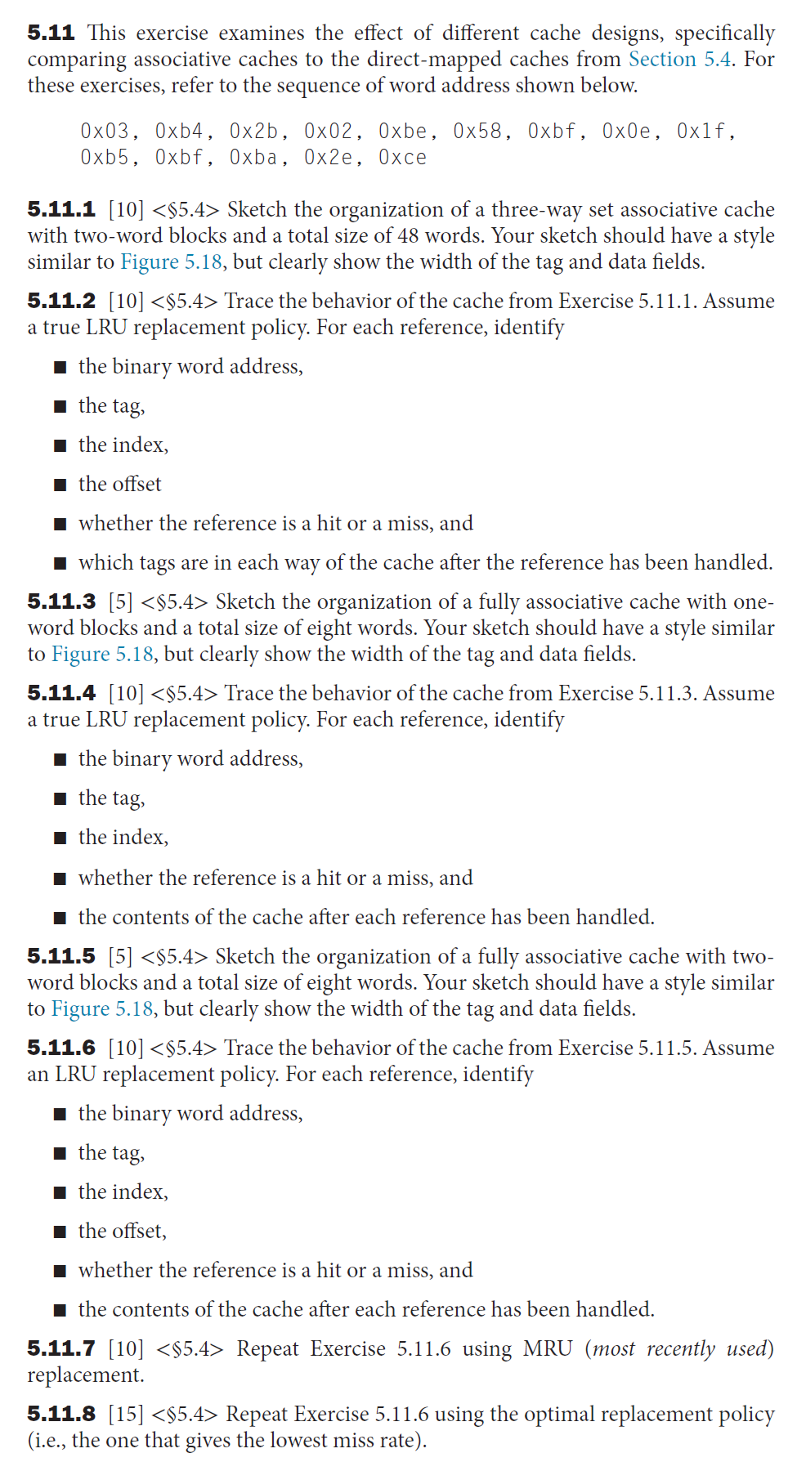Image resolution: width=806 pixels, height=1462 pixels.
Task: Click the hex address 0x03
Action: [x=105, y=132]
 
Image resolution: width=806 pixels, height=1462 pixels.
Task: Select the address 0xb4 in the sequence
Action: [x=179, y=132]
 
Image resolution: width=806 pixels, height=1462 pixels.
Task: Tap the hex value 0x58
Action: [x=477, y=132]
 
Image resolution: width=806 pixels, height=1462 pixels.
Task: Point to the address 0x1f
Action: [x=701, y=132]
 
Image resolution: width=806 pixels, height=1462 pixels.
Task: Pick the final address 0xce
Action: [x=402, y=158]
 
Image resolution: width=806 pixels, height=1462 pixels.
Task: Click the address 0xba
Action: [x=253, y=158]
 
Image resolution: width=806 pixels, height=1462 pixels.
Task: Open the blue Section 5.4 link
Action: [x=679, y=60]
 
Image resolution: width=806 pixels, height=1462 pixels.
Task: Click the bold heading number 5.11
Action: [x=51, y=34]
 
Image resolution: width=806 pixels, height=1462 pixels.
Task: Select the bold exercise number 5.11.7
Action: [x=61, y=1349]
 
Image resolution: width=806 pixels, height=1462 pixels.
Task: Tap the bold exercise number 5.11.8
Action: [x=61, y=1415]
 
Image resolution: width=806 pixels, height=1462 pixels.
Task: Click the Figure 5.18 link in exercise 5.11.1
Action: [x=171, y=262]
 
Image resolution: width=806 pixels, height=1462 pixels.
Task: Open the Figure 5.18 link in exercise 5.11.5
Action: [x=102, y=1009]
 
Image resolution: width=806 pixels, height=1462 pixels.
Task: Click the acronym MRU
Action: [x=548, y=1349]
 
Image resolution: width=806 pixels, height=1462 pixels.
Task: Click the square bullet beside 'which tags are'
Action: [x=60, y=564]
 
